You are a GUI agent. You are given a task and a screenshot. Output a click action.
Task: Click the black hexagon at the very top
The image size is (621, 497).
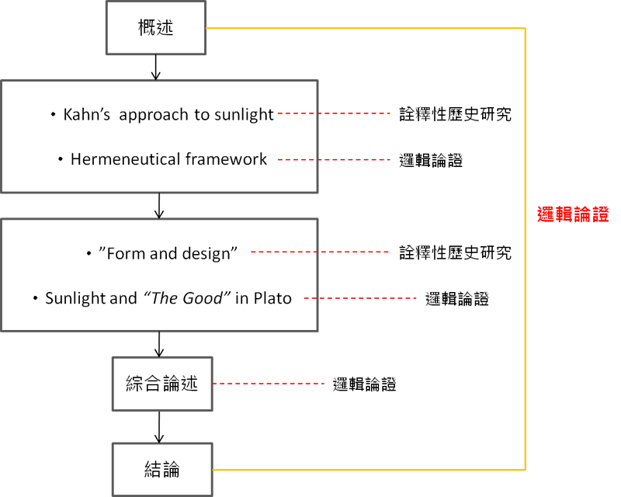[156, 28]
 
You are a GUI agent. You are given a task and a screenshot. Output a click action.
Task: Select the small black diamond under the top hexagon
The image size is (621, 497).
[156, 68]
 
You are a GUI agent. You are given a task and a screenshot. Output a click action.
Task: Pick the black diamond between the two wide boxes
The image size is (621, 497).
[159, 207]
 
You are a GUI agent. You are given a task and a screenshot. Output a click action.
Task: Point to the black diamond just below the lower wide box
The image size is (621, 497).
[159, 343]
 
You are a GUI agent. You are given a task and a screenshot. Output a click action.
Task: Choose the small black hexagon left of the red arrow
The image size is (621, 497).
[162, 383]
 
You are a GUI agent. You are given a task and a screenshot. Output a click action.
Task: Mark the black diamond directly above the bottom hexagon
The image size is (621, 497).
[159, 426]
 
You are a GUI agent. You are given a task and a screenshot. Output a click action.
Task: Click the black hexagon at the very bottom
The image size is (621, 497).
[162, 469]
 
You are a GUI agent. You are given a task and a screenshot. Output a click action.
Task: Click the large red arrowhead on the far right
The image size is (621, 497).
[563, 214]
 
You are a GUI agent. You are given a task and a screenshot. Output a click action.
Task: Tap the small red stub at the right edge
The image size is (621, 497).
[602, 214]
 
